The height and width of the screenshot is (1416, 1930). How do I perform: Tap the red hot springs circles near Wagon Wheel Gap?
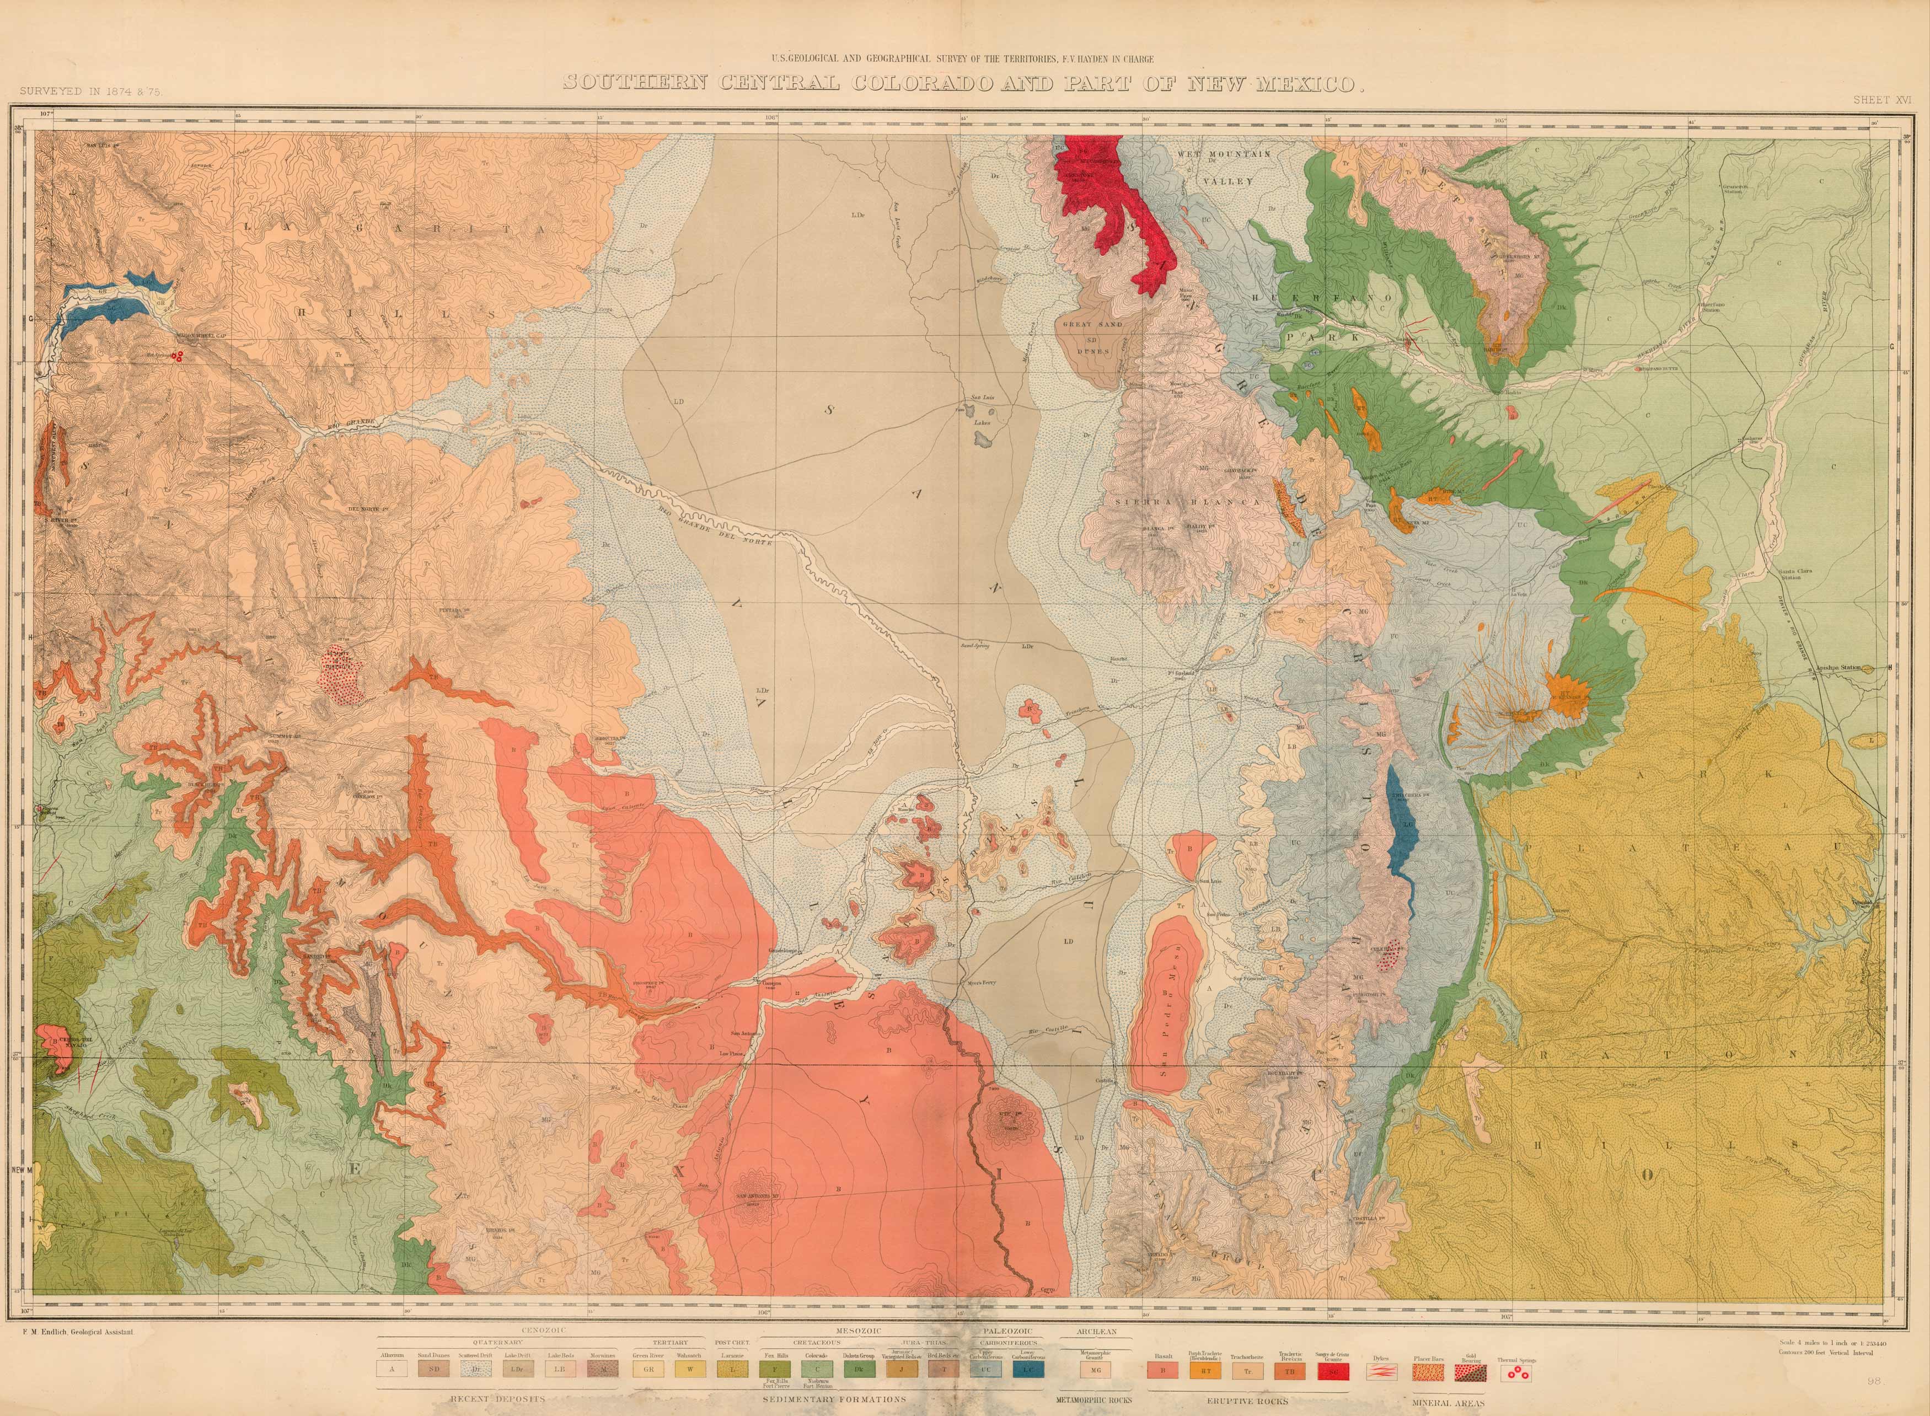coord(178,357)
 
